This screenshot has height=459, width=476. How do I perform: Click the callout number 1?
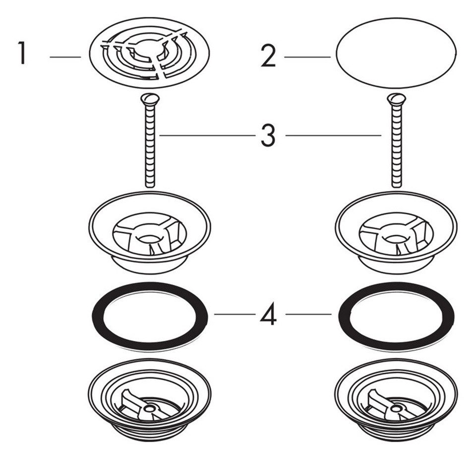[21, 53]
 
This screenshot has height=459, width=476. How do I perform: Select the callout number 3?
[268, 135]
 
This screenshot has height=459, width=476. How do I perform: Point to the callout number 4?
[268, 314]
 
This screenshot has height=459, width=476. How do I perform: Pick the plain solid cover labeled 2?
[396, 53]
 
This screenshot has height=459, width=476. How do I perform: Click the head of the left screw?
[150, 99]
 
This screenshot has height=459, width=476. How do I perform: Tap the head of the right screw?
[396, 99]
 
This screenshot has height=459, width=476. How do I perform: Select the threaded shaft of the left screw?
[150, 146]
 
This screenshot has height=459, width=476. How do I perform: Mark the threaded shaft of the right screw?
[396, 146]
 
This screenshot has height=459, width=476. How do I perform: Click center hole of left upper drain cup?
[149, 238]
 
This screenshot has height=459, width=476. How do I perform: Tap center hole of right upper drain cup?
[396, 238]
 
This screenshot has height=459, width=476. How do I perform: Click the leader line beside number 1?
[65, 57]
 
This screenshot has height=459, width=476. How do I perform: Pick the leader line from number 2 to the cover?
[307, 57]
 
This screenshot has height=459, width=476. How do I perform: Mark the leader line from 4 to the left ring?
[235, 314]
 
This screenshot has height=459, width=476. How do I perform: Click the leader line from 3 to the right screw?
[333, 135]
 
